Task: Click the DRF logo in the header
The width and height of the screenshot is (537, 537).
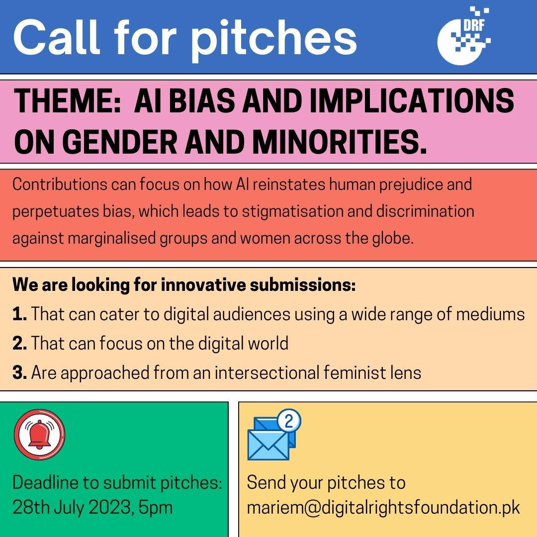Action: [462, 37]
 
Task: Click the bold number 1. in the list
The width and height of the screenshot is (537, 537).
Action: [20, 314]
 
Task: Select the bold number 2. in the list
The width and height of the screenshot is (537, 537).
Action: [20, 344]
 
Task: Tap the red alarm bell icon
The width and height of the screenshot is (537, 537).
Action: [39, 434]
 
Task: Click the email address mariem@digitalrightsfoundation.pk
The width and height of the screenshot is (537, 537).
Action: [383, 508]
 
